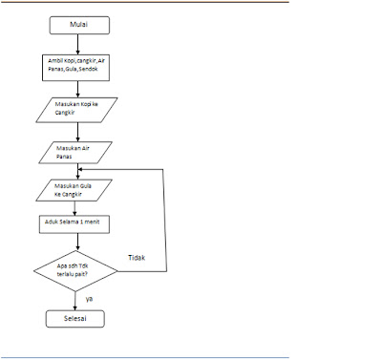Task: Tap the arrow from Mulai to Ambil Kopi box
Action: tap(77, 44)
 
